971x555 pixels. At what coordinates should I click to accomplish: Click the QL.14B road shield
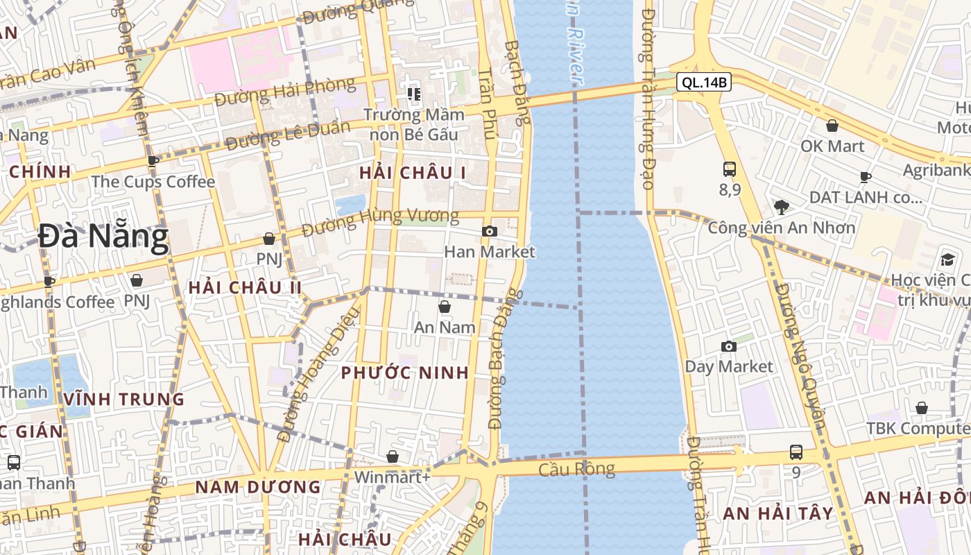coord(704,83)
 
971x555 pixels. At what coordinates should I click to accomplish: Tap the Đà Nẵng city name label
coord(103,237)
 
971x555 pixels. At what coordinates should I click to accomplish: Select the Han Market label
coord(490,252)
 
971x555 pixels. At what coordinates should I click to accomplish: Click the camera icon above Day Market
coord(728,346)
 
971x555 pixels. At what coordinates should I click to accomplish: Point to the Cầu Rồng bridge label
coord(577,470)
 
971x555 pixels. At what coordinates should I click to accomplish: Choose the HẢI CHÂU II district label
coord(245,287)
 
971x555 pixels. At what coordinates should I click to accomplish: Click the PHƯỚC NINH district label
coord(405,373)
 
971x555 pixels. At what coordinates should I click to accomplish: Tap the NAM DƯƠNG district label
coord(258,487)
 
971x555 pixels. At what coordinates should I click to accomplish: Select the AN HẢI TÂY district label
coord(778,513)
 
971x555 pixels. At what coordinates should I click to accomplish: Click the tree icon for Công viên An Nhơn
coord(781,206)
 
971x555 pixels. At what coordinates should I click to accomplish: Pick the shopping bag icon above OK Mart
coord(832,126)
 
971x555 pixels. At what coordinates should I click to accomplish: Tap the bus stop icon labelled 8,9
coord(729,169)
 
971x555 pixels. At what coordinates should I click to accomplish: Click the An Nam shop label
coord(445,327)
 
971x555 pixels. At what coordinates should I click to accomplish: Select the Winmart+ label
coord(392,477)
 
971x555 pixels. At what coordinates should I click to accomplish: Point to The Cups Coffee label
coord(153,182)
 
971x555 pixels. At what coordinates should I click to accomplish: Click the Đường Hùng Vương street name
coord(381,219)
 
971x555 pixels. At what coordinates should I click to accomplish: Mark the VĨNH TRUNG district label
coord(124,400)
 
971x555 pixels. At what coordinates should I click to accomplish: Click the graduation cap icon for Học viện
coord(947,260)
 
